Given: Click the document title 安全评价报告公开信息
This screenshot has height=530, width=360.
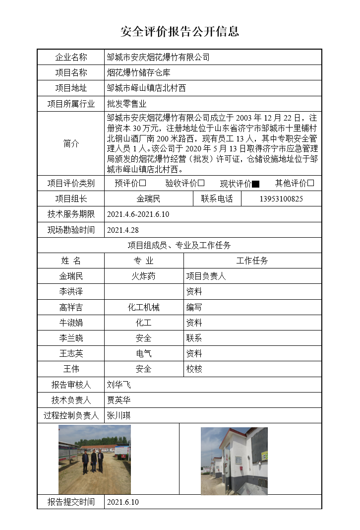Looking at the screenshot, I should coord(180,32).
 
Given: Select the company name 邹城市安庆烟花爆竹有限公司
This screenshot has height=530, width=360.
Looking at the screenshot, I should coord(158,57).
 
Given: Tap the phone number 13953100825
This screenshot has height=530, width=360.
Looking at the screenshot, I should coord(281,199).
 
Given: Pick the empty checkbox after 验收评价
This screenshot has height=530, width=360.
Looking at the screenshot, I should coord(201,183).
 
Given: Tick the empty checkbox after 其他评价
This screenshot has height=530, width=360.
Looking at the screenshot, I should coord(310,183).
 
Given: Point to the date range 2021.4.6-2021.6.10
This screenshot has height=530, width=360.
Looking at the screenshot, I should coord(138,214).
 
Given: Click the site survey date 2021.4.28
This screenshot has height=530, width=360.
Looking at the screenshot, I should coord(122,230).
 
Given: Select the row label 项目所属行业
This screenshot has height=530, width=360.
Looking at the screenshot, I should coord(71,104).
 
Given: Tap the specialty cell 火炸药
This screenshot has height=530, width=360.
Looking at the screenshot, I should coord(143,276).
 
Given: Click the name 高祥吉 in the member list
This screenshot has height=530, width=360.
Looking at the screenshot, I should coord(71,307).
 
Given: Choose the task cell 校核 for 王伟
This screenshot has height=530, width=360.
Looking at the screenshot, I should coord(194,369).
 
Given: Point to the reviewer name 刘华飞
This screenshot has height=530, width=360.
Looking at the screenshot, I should coord(119,385).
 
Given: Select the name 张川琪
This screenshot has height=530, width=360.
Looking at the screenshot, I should coord(119,415).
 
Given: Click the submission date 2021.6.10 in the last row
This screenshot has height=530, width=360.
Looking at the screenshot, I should coord(123,502).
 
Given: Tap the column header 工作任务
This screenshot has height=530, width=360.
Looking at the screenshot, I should coord(252,261).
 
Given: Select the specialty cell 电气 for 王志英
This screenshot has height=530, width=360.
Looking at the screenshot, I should coord(143,353).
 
